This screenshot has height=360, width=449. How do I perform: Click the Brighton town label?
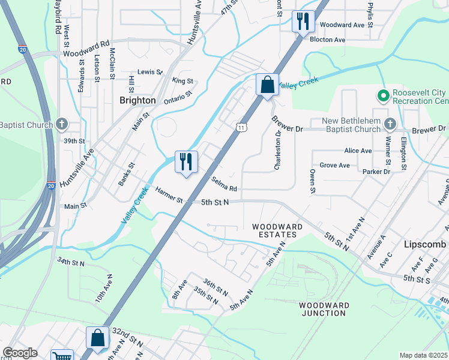(x=137, y=100)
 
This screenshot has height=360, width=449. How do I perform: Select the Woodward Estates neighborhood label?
(x=277, y=230)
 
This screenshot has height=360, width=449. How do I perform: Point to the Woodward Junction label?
(x=325, y=309)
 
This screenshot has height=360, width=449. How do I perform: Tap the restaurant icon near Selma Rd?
(x=186, y=161)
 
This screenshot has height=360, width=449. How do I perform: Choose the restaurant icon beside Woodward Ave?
(x=303, y=22)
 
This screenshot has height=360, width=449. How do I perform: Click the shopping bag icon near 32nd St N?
(x=97, y=338)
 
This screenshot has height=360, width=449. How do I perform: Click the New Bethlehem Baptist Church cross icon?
(x=390, y=125)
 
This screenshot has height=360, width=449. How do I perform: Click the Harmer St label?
(x=169, y=195)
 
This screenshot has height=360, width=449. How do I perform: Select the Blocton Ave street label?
(x=327, y=40)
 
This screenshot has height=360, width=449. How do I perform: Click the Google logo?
(x=20, y=353)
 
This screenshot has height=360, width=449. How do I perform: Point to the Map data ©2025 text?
(x=423, y=355)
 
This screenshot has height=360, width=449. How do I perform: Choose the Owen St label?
(x=313, y=181)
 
